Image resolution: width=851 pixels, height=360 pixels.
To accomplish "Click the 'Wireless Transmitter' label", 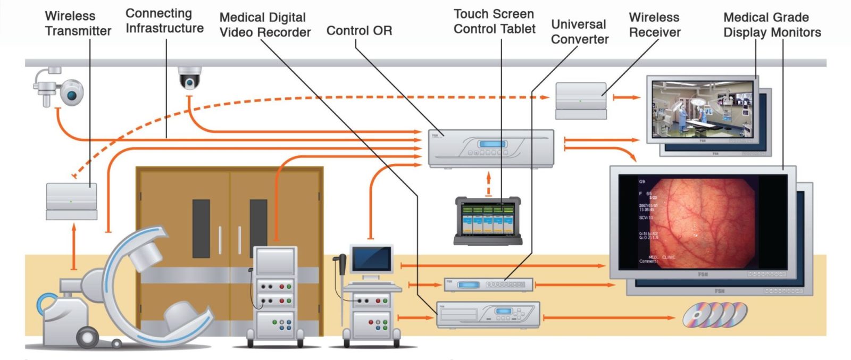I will tap(78, 24).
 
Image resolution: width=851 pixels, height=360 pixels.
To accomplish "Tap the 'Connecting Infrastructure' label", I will tap(164, 21).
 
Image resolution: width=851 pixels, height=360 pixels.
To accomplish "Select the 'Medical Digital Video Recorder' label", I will tap(265, 25).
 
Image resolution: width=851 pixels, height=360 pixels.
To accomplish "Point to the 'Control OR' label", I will tap(359, 31).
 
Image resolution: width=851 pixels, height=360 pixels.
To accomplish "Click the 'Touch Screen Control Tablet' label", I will tap(494, 21).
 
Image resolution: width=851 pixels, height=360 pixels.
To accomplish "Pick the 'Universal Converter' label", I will tap(579, 32).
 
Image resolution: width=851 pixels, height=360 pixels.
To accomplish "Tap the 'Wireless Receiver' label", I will tap(654, 25).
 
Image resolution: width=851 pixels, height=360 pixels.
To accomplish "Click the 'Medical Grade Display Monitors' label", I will tap(772, 25).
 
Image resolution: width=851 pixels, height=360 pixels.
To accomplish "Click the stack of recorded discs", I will tap(715, 315).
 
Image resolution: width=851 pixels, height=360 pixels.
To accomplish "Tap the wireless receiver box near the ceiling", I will tap(581, 100).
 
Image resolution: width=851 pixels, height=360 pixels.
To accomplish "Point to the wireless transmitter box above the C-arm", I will tap(71, 201).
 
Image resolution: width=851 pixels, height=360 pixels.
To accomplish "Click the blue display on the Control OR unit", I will tap(491, 144).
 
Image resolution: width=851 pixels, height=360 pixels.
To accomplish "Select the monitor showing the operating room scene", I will tap(702, 109).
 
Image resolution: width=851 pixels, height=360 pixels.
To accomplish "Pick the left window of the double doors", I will tap(201, 229).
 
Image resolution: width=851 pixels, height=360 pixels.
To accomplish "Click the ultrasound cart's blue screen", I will tap(371, 258).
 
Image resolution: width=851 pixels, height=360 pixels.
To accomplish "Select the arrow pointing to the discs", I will tap(609, 317).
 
